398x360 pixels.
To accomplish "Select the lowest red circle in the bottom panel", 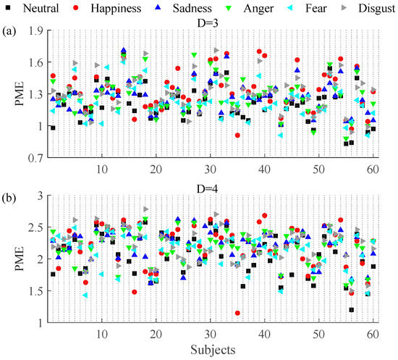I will pyautogui.click(x=237, y=313).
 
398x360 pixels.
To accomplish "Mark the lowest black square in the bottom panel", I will pyautogui.click(x=352, y=310).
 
